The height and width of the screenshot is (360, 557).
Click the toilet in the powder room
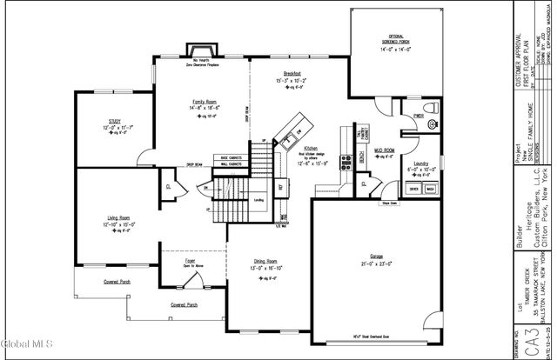point(432,124)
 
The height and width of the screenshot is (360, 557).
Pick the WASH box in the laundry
point(430,189)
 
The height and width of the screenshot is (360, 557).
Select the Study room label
point(114,123)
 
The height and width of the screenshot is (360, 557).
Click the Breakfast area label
point(292,74)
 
